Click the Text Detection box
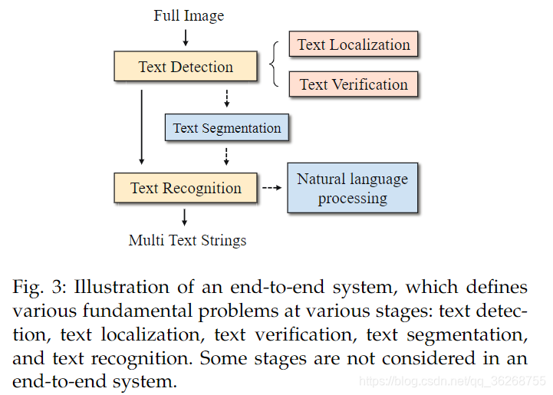point(185,67)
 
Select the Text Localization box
point(354,44)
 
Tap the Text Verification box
point(354,84)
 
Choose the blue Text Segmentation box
point(227,128)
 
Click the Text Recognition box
point(185,188)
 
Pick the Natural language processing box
point(352,188)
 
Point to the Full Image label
point(189,15)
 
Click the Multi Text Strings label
point(188,240)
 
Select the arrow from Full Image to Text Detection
point(185,38)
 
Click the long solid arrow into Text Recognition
point(141,127)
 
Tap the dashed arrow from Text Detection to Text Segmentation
point(225,97)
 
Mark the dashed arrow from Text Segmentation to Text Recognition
point(225,156)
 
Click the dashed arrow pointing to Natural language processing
point(271,188)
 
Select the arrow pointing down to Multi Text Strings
point(185,216)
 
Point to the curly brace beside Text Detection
point(275,64)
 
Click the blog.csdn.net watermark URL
point(453,381)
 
